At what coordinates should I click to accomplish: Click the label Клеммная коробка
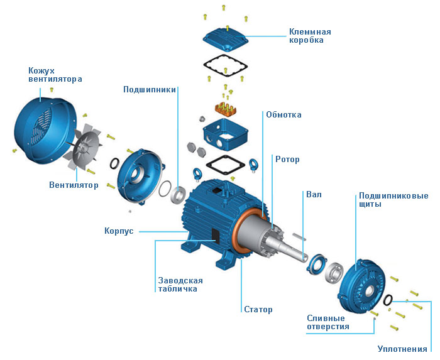(x=309, y=36)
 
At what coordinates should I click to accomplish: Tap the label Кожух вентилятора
(x=55, y=74)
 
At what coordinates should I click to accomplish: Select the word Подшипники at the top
(x=149, y=89)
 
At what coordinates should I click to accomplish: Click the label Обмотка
(x=283, y=115)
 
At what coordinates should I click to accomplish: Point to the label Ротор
(x=287, y=160)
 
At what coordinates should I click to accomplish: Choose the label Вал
(x=313, y=195)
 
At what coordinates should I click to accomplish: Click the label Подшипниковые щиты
(x=393, y=200)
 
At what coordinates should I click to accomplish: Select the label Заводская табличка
(x=178, y=284)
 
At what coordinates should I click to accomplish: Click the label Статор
(x=258, y=310)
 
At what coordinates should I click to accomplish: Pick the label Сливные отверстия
(x=327, y=322)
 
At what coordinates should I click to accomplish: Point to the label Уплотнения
(x=402, y=349)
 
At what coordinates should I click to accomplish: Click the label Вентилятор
(x=74, y=185)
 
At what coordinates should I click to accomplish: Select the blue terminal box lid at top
(x=227, y=38)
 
